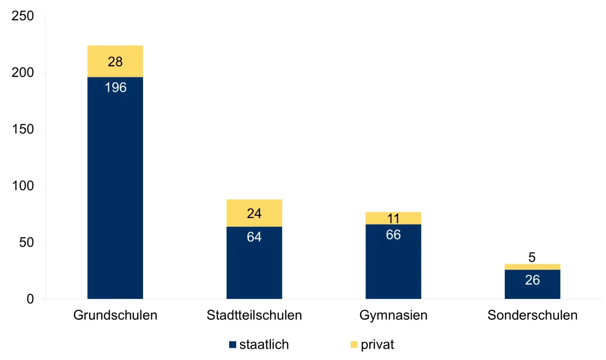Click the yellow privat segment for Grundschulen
[115, 61]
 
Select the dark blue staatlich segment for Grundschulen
[115, 189]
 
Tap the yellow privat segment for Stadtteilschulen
[254, 213]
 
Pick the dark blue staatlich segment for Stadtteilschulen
[254, 265]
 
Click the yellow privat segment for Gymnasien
[393, 218]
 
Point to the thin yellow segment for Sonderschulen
[532, 267]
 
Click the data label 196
[116, 88]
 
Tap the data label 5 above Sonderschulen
[532, 258]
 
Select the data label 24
[254, 214]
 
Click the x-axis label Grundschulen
[115, 315]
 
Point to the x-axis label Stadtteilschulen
[254, 315]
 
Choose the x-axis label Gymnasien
[393, 315]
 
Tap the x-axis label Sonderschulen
[532, 315]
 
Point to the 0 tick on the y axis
[30, 299]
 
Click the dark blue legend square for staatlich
[232, 345]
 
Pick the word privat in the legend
[377, 345]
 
